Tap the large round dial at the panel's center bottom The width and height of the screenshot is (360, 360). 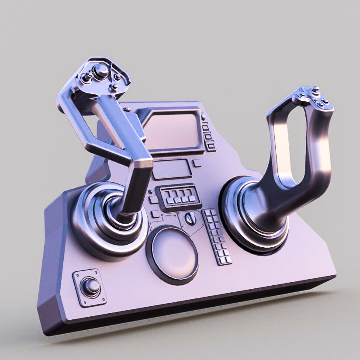point(173,254)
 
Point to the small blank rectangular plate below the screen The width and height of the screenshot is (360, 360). point(172,169)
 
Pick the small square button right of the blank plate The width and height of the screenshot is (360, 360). point(197,163)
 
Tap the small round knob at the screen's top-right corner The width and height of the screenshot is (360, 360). point(203,117)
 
